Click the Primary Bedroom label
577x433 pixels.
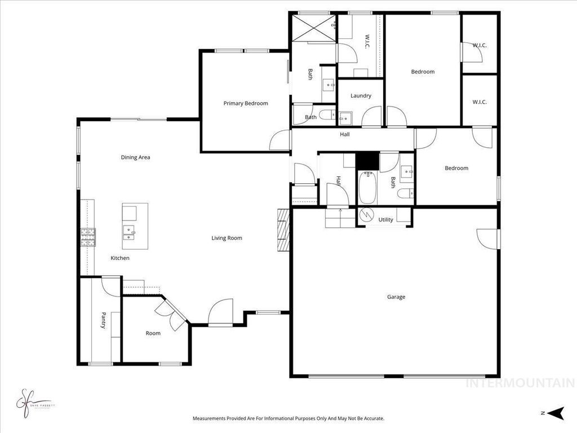pos(246,103)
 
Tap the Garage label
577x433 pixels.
pos(396,297)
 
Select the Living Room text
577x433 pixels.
pos(227,238)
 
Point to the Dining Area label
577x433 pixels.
pos(135,157)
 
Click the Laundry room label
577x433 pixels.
pos(361,96)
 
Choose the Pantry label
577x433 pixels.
pos(104,320)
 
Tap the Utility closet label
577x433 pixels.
pos(386,220)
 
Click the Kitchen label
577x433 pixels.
pos(120,258)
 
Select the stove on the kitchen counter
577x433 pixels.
pos(88,237)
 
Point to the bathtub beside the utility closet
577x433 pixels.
pos(367,188)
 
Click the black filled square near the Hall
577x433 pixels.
pos(367,160)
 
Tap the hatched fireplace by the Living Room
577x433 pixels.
pos(283,229)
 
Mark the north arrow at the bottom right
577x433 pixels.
pos(556,413)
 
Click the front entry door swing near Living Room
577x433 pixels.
pos(221,312)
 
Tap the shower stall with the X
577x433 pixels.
pos(313,28)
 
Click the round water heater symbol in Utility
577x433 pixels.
pos(367,215)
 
